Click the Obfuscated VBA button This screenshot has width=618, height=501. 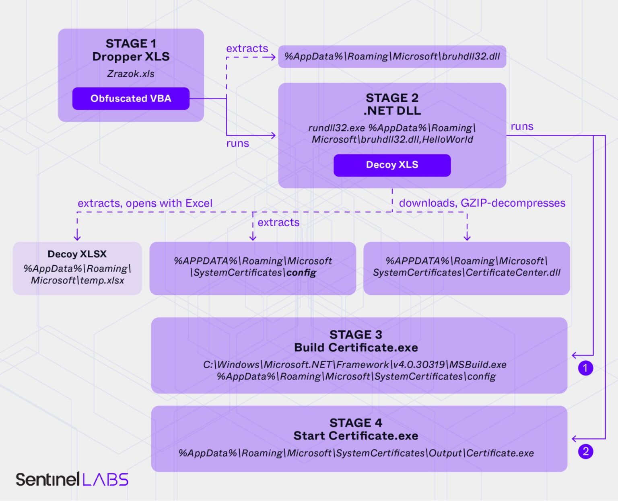(x=131, y=99)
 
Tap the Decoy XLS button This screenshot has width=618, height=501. (x=392, y=165)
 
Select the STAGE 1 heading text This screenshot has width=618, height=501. (x=131, y=43)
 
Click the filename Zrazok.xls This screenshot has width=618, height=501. (x=131, y=74)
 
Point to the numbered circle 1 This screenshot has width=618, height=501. (x=585, y=368)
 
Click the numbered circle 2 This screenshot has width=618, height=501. (x=585, y=451)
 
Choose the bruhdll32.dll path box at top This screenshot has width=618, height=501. (x=392, y=57)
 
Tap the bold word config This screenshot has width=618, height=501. (x=301, y=273)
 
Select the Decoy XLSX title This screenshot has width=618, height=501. (x=77, y=254)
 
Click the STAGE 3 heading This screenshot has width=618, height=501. (x=356, y=335)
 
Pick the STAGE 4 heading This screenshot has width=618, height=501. (x=356, y=423)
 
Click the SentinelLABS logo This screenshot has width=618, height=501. (x=72, y=479)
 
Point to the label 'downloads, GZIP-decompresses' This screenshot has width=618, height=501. (x=482, y=203)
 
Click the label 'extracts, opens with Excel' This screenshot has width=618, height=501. (x=145, y=203)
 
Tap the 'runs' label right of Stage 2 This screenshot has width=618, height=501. (x=522, y=127)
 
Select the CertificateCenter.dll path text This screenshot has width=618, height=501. (x=467, y=273)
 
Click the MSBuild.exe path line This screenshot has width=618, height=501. (x=354, y=365)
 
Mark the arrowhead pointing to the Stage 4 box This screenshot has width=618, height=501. (x=574, y=439)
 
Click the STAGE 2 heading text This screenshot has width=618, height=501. (x=392, y=98)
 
